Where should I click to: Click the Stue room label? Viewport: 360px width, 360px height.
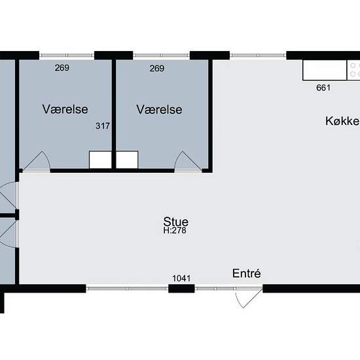(176, 221)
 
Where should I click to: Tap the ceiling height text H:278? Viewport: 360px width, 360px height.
(175, 230)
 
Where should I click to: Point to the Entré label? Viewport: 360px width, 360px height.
(246, 273)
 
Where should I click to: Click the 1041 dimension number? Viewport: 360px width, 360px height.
(181, 278)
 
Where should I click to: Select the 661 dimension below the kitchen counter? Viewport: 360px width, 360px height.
(323, 88)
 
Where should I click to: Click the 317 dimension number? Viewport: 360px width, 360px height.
(103, 126)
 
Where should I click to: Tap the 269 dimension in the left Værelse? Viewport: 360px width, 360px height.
(62, 67)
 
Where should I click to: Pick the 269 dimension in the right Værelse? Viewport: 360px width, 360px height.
(157, 68)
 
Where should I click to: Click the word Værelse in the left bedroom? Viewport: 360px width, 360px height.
(65, 109)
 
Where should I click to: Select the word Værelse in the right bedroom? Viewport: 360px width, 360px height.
(159, 109)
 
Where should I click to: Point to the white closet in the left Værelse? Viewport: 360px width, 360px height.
(100, 160)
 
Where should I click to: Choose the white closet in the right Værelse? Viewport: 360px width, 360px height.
(127, 160)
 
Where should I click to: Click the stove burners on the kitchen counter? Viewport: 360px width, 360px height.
(353, 70)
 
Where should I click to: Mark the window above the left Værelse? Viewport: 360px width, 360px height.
(67, 56)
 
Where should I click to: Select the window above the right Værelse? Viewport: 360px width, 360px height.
(162, 56)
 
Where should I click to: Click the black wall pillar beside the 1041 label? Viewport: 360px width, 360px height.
(181, 289)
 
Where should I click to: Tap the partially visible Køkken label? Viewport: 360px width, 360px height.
(342, 121)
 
